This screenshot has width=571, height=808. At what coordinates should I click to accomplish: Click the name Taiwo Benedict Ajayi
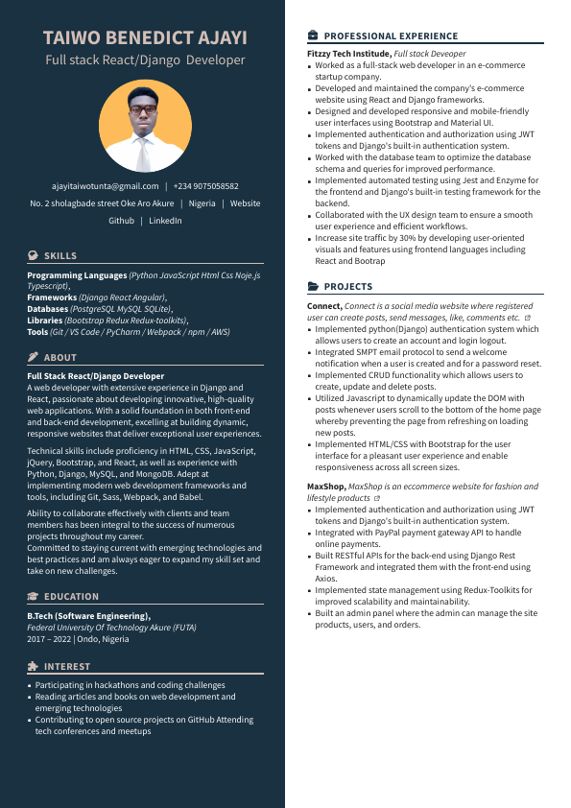[x=145, y=38]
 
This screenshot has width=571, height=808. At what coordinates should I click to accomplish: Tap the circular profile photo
[x=145, y=126]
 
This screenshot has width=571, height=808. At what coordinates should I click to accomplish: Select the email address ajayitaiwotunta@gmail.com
[x=106, y=186]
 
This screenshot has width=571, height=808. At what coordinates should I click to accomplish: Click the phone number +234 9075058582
[x=205, y=186]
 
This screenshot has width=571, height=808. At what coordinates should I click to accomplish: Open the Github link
[x=121, y=221]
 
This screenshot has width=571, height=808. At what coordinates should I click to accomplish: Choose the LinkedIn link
[x=165, y=221]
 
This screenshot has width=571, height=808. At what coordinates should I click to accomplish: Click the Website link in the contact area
[x=245, y=203]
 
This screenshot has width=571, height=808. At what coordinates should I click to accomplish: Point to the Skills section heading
[x=60, y=256]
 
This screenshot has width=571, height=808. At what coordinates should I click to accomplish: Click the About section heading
[x=60, y=357]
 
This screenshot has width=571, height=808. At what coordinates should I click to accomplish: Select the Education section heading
[x=72, y=597]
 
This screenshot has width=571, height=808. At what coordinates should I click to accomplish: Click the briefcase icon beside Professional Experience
[x=313, y=36]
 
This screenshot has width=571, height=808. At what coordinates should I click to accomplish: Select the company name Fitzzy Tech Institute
[x=349, y=54]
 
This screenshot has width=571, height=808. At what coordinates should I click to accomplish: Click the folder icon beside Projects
[x=313, y=287]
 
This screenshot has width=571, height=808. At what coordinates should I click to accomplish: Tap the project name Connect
[x=324, y=305]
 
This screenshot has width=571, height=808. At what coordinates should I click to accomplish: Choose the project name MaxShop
[x=326, y=487]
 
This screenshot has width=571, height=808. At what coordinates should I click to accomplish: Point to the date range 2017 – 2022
[x=48, y=639]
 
